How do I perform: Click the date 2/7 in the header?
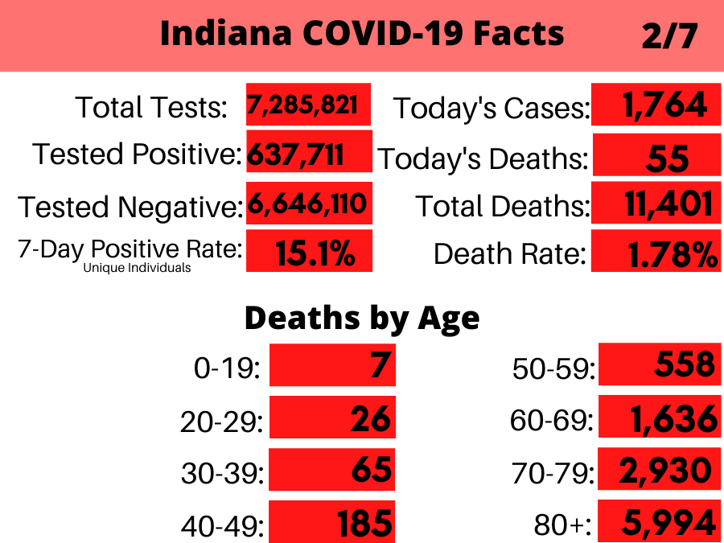click(668, 35)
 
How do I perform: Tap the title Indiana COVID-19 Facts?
click(362, 34)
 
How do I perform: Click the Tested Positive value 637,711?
click(296, 153)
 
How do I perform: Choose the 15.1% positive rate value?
click(315, 253)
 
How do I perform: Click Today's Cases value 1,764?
click(664, 105)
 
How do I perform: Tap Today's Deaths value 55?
click(667, 157)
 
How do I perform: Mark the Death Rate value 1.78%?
click(671, 254)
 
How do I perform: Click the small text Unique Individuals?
click(137, 268)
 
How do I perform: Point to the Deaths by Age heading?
click(362, 319)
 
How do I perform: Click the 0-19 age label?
click(228, 368)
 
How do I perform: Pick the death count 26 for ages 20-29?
click(371, 419)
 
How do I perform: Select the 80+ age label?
click(562, 525)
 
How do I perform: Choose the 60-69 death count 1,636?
click(668, 419)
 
